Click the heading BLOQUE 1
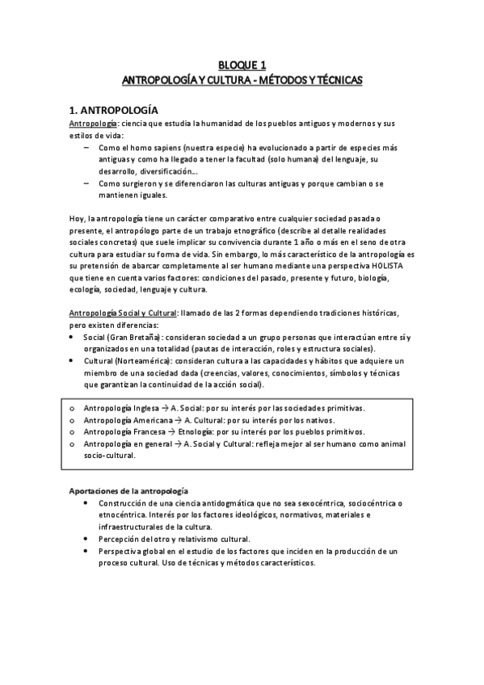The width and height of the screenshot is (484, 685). click(242, 65)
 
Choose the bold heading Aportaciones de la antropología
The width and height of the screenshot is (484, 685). click(127, 491)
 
